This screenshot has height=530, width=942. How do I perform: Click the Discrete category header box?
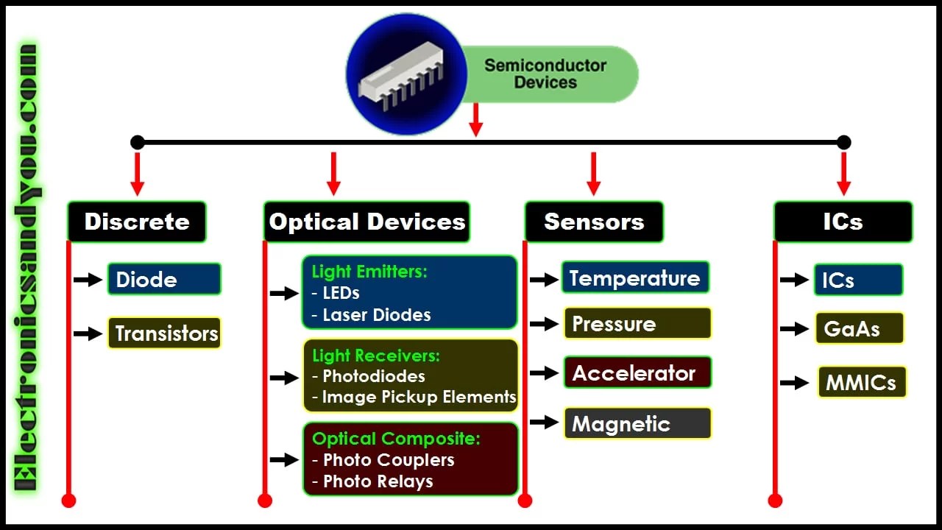pos(137,222)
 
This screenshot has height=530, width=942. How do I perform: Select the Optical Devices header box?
pos(366,222)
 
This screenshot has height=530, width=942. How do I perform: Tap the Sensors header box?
pos(594,222)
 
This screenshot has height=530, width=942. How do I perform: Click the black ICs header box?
pos(843,222)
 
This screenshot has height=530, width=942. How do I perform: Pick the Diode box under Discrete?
pos(164,280)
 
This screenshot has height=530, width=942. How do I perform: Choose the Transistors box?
pos(165,333)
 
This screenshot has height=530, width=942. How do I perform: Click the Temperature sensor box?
pos(635,278)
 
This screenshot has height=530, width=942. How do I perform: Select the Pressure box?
pos(637,324)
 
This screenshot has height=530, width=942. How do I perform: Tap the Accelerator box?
pos(637,373)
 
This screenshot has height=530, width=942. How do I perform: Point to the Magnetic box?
pos(637,423)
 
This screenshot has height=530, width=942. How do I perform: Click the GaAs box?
pos(859,328)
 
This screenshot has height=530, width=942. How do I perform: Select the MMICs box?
pos(861,383)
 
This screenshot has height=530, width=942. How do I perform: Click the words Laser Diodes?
pos(377,315)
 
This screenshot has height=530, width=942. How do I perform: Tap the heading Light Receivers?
pos(376,356)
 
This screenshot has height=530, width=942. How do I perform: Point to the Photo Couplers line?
pos(389,460)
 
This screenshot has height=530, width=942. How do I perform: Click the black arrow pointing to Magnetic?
pos(544,423)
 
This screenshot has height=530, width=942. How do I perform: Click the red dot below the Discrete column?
pos(68,501)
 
